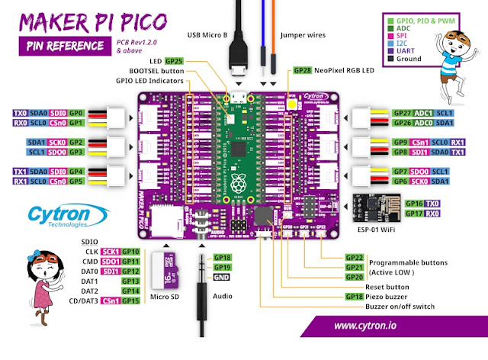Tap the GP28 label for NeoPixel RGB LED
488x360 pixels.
pos(303,70)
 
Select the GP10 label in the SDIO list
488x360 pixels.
pos(130,251)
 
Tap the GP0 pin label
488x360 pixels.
pos(76,113)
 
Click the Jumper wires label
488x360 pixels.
pos(305,34)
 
